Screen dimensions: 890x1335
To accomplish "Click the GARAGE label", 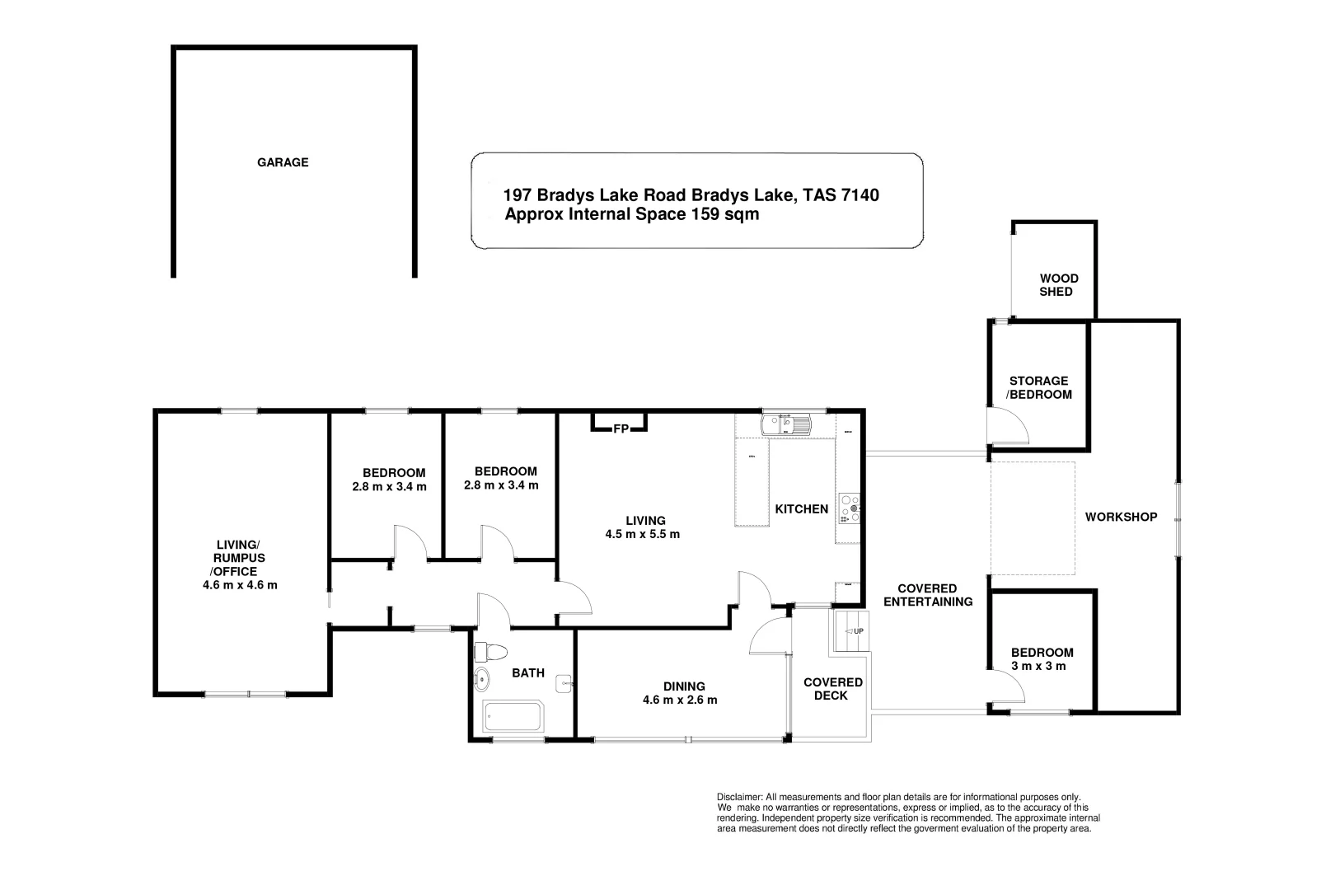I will tap(283, 162).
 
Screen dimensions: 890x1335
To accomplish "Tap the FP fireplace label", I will tap(620, 429).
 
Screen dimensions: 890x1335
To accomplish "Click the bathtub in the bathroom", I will tap(513, 717).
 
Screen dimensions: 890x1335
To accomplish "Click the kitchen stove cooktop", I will tap(849, 508).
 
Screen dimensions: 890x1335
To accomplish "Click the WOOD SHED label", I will tap(1058, 285).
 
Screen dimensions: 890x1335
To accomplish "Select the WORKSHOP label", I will tap(1120, 517).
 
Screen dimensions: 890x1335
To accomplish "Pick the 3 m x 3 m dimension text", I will tap(1038, 666).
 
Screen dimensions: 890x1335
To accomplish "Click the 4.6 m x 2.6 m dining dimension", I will tap(680, 700).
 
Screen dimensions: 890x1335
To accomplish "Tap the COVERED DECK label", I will tap(832, 689).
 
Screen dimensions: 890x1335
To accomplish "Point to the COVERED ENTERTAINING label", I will tap(927, 595).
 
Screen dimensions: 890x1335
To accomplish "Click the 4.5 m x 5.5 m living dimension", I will tap(642, 534).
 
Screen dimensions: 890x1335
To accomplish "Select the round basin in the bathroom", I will tap(482, 681).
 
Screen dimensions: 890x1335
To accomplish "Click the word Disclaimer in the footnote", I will tap(740, 797).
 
